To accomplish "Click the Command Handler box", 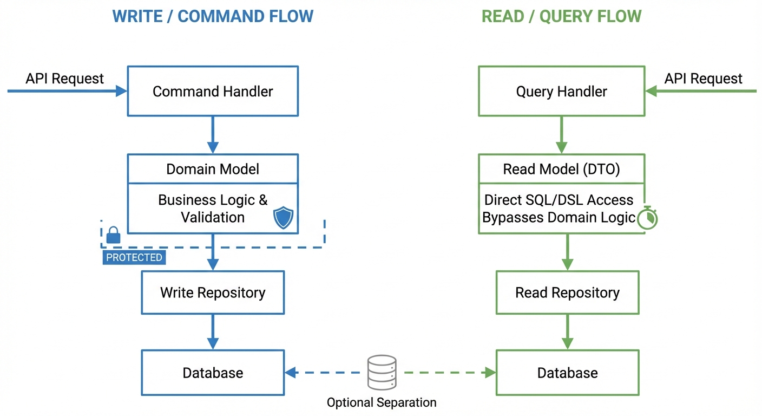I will [x=213, y=91].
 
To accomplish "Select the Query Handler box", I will [x=561, y=91].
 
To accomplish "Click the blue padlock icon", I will [x=113, y=235].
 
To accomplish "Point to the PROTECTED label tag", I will [x=134, y=257].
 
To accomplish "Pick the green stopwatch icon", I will [x=647, y=218].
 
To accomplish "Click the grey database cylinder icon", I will [x=382, y=372].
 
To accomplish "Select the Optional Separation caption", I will [x=382, y=402].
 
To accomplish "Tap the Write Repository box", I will [x=213, y=292].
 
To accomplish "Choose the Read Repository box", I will [x=567, y=292].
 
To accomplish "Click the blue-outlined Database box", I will [x=213, y=373].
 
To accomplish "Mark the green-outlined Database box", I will [x=567, y=373].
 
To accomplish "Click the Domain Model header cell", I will [x=213, y=169].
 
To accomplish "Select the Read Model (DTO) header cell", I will [x=561, y=169].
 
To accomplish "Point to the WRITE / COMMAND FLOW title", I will [x=213, y=16].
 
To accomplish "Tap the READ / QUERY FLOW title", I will [x=561, y=16].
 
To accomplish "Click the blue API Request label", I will [x=64, y=79].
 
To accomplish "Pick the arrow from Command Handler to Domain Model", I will [x=213, y=135].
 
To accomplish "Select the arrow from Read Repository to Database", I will [x=567, y=331].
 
